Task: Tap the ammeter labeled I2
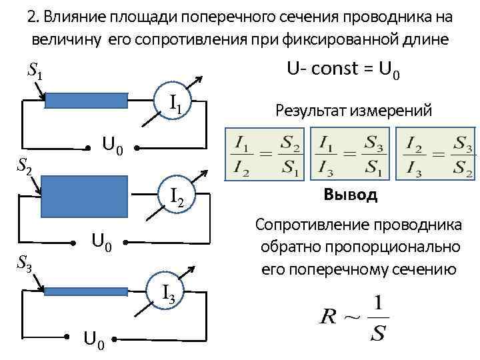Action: [x=175, y=196]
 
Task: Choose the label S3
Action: [x=24, y=265]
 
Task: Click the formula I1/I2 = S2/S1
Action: [x=265, y=155]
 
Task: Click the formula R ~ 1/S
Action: [x=353, y=319]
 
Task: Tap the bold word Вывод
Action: [x=350, y=195]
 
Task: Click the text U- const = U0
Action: [x=343, y=70]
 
